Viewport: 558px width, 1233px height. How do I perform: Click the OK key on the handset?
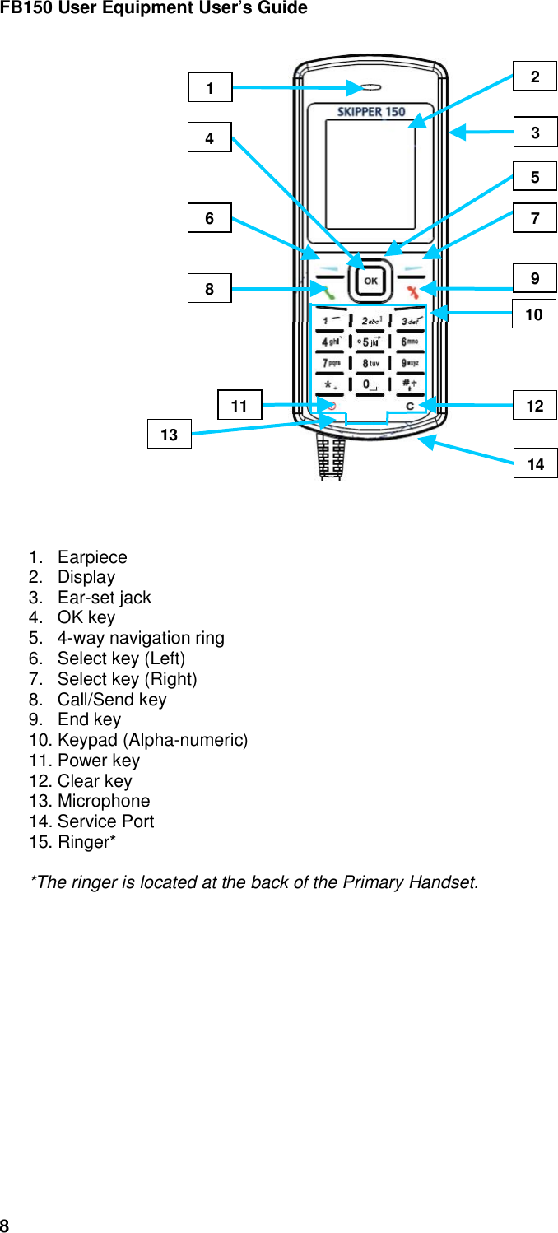click(371, 281)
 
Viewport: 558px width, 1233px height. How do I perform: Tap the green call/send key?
click(328, 290)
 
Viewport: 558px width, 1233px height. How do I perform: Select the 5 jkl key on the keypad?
click(371, 342)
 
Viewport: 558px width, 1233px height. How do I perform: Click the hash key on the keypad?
click(412, 384)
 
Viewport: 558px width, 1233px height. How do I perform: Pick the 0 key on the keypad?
click(371, 384)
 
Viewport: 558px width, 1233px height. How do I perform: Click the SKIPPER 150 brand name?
click(371, 112)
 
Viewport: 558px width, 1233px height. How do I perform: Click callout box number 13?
click(169, 435)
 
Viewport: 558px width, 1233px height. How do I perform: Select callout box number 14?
click(535, 464)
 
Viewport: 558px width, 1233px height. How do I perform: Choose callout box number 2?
click(535, 77)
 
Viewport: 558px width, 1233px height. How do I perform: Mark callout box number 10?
click(534, 314)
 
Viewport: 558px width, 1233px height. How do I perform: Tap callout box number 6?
click(209, 218)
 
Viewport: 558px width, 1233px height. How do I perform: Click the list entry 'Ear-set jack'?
click(104, 598)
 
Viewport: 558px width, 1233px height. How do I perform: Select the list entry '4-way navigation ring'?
click(140, 638)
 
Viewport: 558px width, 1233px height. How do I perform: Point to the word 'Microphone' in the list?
click(104, 801)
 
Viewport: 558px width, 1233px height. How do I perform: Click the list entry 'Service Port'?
click(105, 821)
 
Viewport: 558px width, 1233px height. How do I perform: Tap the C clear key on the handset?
click(410, 406)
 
